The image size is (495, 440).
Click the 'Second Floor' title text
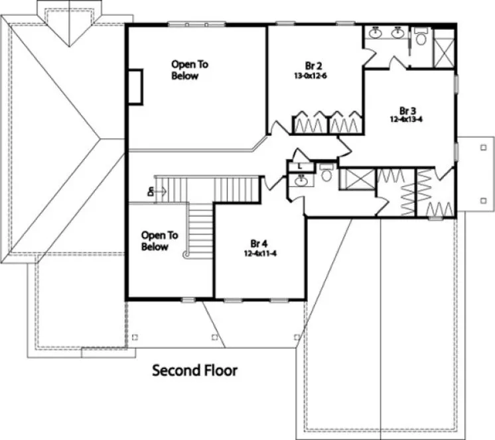pyautogui.click(x=194, y=370)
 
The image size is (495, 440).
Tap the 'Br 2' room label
pyautogui.click(x=314, y=66)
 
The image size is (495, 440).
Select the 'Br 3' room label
pyautogui.click(x=407, y=110)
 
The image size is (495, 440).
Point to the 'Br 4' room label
pyautogui.click(x=258, y=243)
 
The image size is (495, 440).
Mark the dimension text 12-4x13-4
pyautogui.click(x=407, y=120)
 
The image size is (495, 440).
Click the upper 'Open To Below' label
pyautogui.click(x=189, y=70)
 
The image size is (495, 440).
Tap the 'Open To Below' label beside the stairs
pyautogui.click(x=159, y=241)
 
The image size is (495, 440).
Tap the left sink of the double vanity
pyautogui.click(x=376, y=32)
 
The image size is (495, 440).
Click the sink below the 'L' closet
pyautogui.click(x=301, y=180)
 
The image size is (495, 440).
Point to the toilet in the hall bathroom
pyautogui.click(x=325, y=174)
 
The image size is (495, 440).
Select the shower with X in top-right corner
pyautogui.click(x=443, y=47)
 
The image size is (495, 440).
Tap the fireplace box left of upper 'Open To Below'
pyautogui.click(x=135, y=86)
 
